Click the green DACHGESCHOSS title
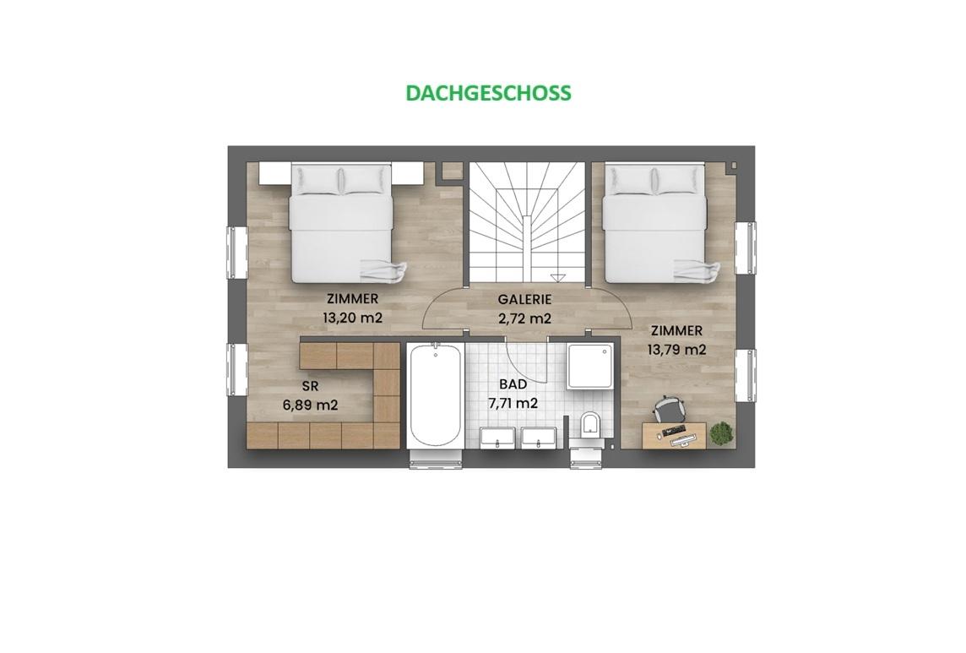(489, 92)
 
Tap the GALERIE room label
(524, 300)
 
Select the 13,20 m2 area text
(352, 318)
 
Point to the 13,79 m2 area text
(676, 350)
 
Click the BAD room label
(513, 384)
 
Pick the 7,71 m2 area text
(513, 403)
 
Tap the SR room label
(310, 387)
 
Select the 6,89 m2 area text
(310, 405)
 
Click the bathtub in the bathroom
(435, 395)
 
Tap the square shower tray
(590, 367)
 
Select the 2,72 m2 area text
(524, 318)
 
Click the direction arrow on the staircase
(558, 277)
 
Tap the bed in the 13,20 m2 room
(341, 222)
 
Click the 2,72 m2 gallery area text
(524, 318)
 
